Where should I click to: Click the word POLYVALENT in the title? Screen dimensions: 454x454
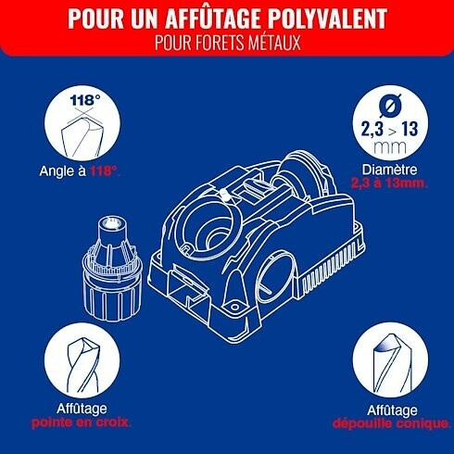(327, 18)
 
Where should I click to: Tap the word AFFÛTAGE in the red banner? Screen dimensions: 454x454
(212, 18)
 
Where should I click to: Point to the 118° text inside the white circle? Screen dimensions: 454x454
(85, 100)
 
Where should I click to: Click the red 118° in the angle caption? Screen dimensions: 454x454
(105, 170)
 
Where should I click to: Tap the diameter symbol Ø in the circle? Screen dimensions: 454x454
(390, 106)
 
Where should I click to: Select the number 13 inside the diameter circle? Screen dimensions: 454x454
(410, 129)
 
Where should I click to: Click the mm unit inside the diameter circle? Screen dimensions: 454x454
(390, 147)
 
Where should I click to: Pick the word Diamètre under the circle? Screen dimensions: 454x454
(389, 170)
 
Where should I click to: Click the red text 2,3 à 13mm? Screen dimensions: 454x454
(389, 183)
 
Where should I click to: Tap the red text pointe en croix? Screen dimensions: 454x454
(82, 422)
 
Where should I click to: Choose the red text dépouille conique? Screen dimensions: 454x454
(391, 423)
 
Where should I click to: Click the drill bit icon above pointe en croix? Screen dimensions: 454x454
(82, 364)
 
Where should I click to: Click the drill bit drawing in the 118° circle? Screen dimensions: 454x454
(82, 136)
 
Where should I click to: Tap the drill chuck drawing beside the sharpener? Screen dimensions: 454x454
(112, 268)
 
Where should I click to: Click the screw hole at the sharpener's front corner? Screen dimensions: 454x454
(235, 307)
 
